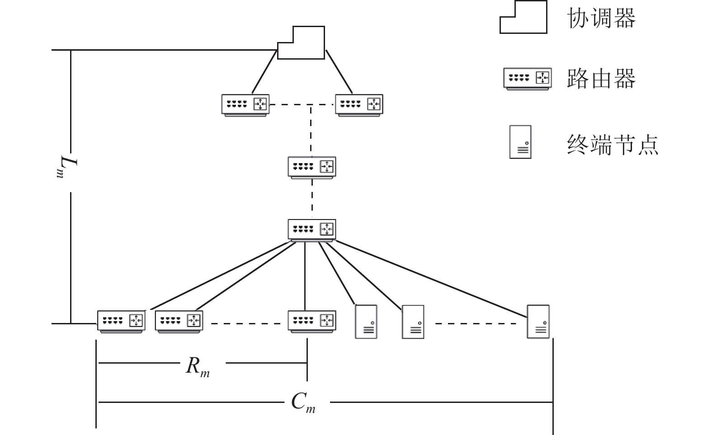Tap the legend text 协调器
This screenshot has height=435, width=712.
point(601,18)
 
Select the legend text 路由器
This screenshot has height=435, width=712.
point(601,79)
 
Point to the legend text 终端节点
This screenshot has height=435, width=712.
point(613,145)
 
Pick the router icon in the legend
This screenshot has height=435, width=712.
point(528,79)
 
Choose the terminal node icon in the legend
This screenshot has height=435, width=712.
point(520,142)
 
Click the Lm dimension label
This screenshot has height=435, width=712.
point(66,167)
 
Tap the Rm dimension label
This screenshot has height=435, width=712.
point(198,367)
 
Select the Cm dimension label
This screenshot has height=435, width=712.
point(303,402)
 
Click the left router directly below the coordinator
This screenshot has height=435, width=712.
point(245,105)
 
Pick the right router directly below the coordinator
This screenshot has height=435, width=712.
point(359,105)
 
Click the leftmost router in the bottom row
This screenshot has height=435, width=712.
point(121,322)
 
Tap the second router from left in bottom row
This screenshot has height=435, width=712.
point(179,322)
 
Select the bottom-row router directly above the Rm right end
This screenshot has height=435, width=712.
point(312,322)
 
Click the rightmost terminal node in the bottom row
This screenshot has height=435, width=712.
point(538,322)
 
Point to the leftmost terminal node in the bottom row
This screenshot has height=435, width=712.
point(366,322)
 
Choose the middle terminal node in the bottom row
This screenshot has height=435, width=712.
point(413,322)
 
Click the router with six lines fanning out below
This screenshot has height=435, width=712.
point(312,230)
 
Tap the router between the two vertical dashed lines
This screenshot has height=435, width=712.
point(312,168)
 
